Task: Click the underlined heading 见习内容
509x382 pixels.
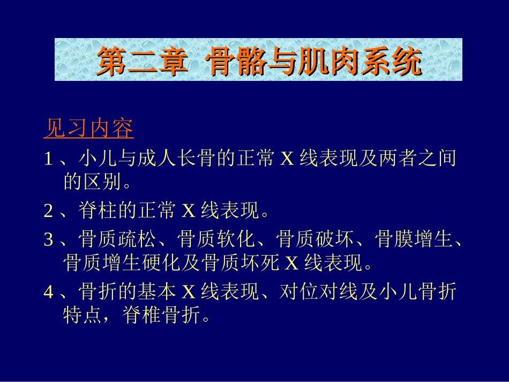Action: (x=88, y=129)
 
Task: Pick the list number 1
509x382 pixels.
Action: (x=48, y=159)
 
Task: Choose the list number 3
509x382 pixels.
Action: (x=48, y=239)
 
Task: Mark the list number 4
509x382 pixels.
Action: (x=48, y=292)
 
